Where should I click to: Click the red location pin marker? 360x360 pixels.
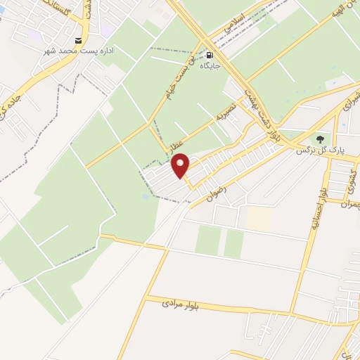click(x=181, y=167)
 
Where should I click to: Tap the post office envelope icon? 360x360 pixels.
click(x=78, y=41)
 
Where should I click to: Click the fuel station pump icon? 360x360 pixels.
click(x=209, y=54)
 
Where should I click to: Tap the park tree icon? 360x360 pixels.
click(x=321, y=139)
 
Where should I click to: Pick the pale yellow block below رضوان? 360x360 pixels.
click(x=258, y=219)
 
